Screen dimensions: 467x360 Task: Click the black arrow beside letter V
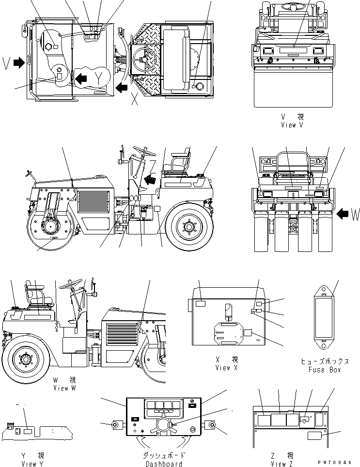[x=19, y=62]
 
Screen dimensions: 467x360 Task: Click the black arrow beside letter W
[x=342, y=214]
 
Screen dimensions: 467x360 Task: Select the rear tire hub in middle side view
[x=188, y=225]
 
